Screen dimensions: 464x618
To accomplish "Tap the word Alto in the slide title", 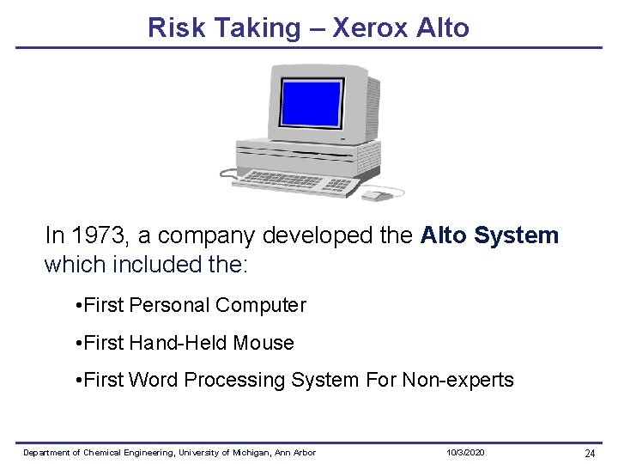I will [442, 27].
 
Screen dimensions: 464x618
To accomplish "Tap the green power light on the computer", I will [342, 139].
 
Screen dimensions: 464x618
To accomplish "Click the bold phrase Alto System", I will [489, 235].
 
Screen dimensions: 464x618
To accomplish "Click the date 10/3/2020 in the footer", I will [465, 453].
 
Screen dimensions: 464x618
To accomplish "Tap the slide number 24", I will [590, 453].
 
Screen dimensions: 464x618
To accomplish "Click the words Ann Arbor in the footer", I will [298, 453].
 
